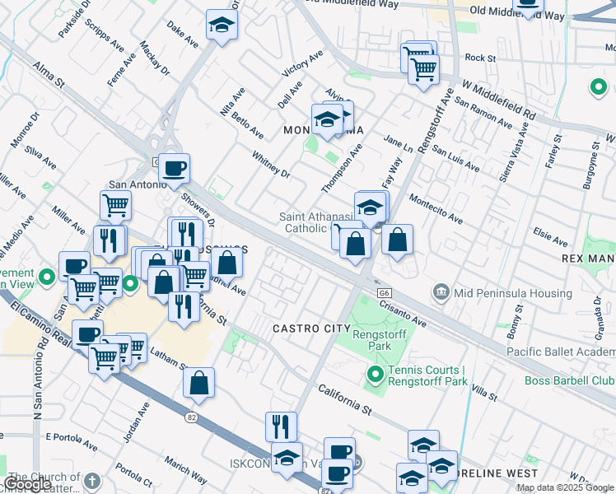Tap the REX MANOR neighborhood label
click(x=588, y=259)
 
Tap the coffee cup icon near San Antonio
click(x=174, y=170)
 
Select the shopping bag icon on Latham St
click(x=199, y=383)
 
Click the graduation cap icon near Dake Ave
click(x=222, y=26)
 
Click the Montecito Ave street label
click(x=435, y=209)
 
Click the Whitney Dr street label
click(x=271, y=163)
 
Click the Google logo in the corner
click(x=27, y=484)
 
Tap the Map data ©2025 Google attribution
click(x=565, y=487)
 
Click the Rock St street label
click(x=480, y=58)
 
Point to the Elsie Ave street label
click(x=550, y=238)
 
